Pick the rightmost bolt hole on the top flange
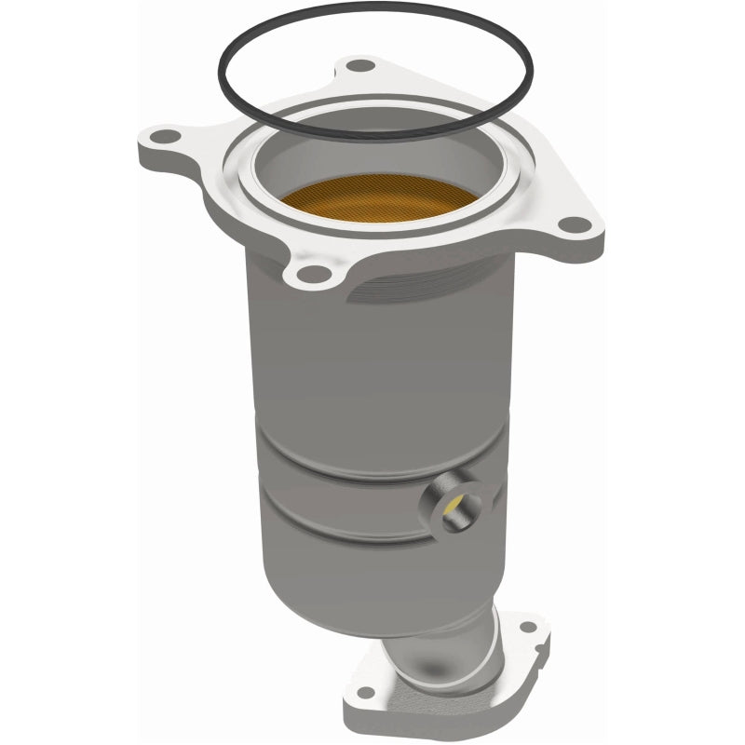click(577, 224)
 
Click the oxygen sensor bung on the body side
click(455, 503)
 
